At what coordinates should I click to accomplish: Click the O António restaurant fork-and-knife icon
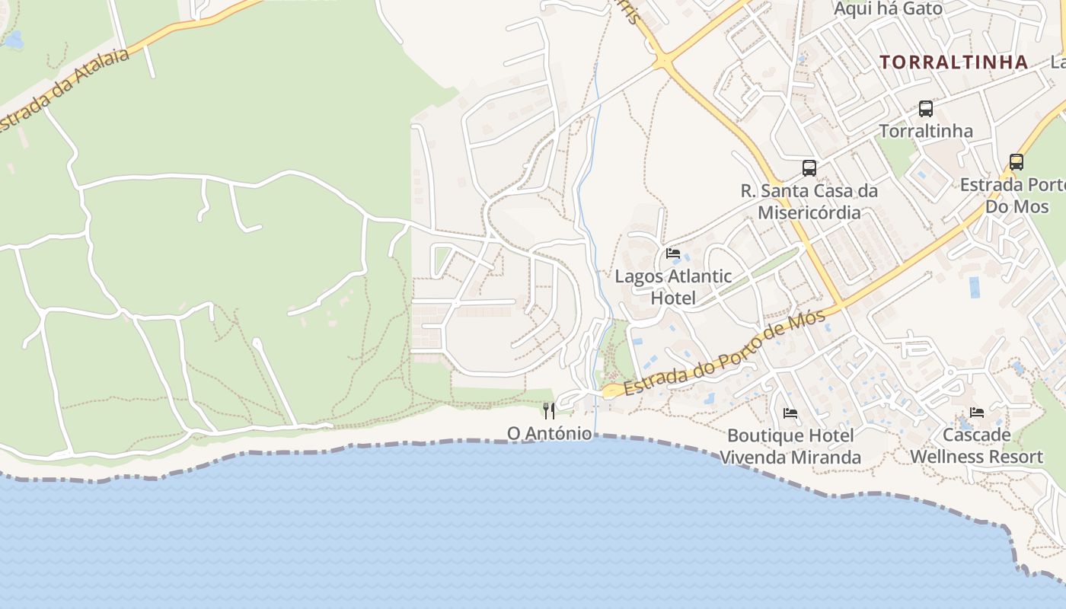click(x=549, y=411)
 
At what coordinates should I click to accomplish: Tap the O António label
click(x=549, y=433)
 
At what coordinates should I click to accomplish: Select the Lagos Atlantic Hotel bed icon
click(x=672, y=253)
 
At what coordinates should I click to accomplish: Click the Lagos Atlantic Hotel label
click(x=673, y=287)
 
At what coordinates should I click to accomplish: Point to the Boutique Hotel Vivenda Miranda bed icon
click(x=790, y=413)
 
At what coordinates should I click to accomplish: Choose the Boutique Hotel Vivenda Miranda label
click(x=790, y=446)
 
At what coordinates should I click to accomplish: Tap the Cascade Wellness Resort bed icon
click(x=977, y=413)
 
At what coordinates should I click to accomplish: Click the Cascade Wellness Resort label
click(x=977, y=446)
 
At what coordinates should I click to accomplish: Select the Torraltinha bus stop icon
click(x=926, y=109)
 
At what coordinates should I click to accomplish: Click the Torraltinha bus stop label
click(x=926, y=131)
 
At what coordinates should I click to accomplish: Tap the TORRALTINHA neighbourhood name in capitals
click(x=954, y=62)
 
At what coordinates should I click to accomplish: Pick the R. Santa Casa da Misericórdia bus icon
click(x=809, y=168)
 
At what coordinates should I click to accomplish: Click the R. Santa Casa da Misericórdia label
click(x=809, y=201)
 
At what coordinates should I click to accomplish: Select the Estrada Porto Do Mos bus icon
click(x=1017, y=162)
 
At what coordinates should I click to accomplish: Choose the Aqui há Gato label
click(x=888, y=9)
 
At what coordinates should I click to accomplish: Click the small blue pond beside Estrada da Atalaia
click(x=13, y=40)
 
